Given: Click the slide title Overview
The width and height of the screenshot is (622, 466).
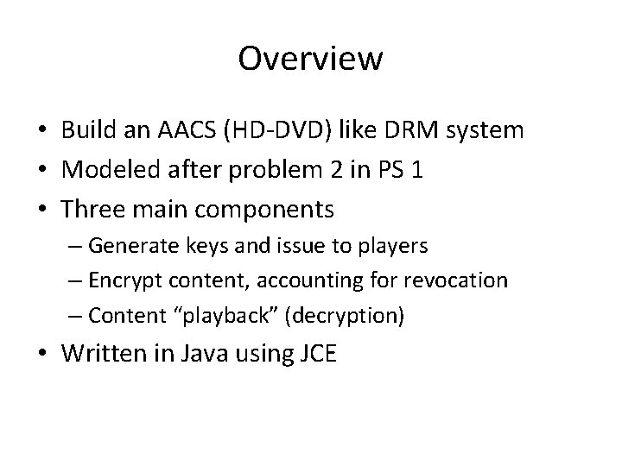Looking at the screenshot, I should point(310,59).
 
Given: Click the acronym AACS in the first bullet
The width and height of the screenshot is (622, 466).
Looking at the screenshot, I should point(192,131).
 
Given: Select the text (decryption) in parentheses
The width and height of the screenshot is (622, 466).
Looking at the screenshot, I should point(348,316).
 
